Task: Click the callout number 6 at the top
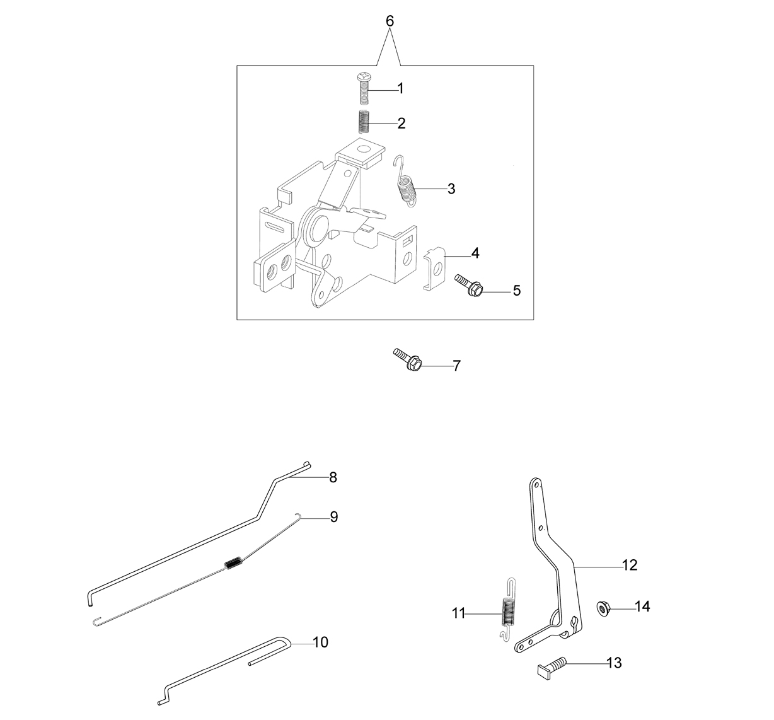tap(390, 21)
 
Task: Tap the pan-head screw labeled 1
tap(364, 88)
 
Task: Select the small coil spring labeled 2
tap(364, 122)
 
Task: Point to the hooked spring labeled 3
tap(405, 182)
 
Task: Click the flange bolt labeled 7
tap(408, 359)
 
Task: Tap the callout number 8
tap(333, 477)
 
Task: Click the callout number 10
tap(320, 642)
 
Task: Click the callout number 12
tap(630, 565)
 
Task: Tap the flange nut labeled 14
tap(603, 609)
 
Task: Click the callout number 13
tap(614, 663)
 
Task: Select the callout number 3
tap(451, 189)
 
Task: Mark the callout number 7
tap(456, 366)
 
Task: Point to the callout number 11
tap(459, 613)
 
